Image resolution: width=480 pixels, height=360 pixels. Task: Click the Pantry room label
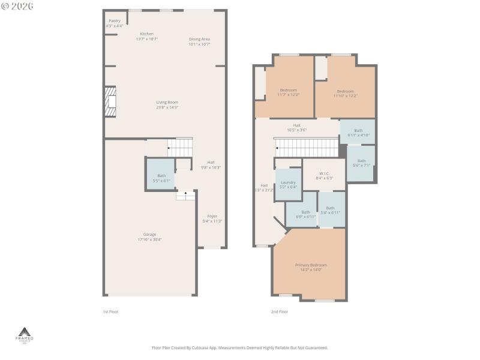tap(114, 23)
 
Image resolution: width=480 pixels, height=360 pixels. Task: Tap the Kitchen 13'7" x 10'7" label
tap(146, 36)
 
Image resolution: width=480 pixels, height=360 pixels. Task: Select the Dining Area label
tap(199, 41)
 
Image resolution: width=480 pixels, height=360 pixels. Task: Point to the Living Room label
tap(167, 104)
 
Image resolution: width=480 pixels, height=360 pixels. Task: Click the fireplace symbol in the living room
tap(110, 102)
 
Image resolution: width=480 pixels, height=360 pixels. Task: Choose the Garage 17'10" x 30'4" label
tap(149, 236)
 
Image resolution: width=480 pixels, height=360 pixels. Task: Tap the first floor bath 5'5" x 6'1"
tap(161, 178)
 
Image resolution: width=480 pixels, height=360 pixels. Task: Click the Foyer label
tap(212, 218)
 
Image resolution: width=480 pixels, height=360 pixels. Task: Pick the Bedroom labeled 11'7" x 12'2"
tap(288, 92)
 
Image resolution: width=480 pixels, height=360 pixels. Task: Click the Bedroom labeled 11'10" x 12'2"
tap(345, 93)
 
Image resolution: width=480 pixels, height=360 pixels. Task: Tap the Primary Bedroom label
tap(311, 267)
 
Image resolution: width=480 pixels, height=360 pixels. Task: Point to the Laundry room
tap(288, 184)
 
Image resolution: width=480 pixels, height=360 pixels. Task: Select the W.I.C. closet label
tap(325, 175)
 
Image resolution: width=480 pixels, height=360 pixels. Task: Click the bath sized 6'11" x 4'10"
tap(358, 133)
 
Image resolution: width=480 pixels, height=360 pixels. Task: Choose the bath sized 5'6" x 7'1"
tap(361, 163)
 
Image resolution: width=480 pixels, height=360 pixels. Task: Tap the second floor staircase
tap(307, 146)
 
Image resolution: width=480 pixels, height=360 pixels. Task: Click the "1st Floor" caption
tap(110, 311)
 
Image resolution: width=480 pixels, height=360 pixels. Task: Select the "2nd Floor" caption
tap(280, 311)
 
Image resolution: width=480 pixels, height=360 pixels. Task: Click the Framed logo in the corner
tap(25, 335)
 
